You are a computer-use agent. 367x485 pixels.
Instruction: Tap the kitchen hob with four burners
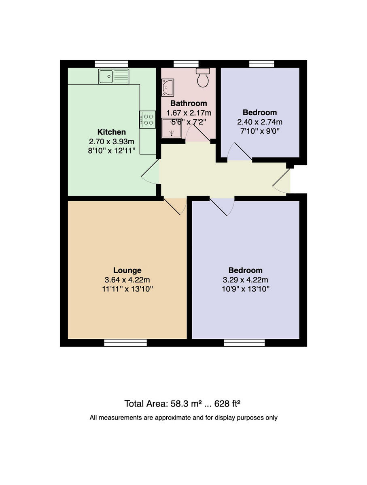[147, 120]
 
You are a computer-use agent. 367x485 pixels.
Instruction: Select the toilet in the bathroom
[203, 77]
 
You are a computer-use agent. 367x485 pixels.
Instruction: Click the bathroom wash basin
[168, 87]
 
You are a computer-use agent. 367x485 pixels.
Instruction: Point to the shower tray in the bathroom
[172, 129]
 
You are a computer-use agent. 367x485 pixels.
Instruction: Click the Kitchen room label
[112, 132]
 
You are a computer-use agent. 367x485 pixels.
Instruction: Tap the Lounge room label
[127, 270]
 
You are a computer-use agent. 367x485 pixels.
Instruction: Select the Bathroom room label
[189, 103]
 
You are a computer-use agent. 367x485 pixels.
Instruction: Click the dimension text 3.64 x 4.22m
[127, 280]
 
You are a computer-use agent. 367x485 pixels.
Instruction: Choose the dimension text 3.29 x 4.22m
[246, 280]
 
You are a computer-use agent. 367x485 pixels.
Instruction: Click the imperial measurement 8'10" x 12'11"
[112, 150]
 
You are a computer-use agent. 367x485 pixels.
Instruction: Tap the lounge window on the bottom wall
[125, 343]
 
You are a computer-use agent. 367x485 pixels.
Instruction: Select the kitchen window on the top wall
[112, 63]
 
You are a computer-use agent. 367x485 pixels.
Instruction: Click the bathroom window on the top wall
[186, 63]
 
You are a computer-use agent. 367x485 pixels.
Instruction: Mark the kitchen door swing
[151, 173]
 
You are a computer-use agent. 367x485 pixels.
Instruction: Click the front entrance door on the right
[282, 180]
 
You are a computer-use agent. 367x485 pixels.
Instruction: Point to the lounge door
[175, 206]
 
